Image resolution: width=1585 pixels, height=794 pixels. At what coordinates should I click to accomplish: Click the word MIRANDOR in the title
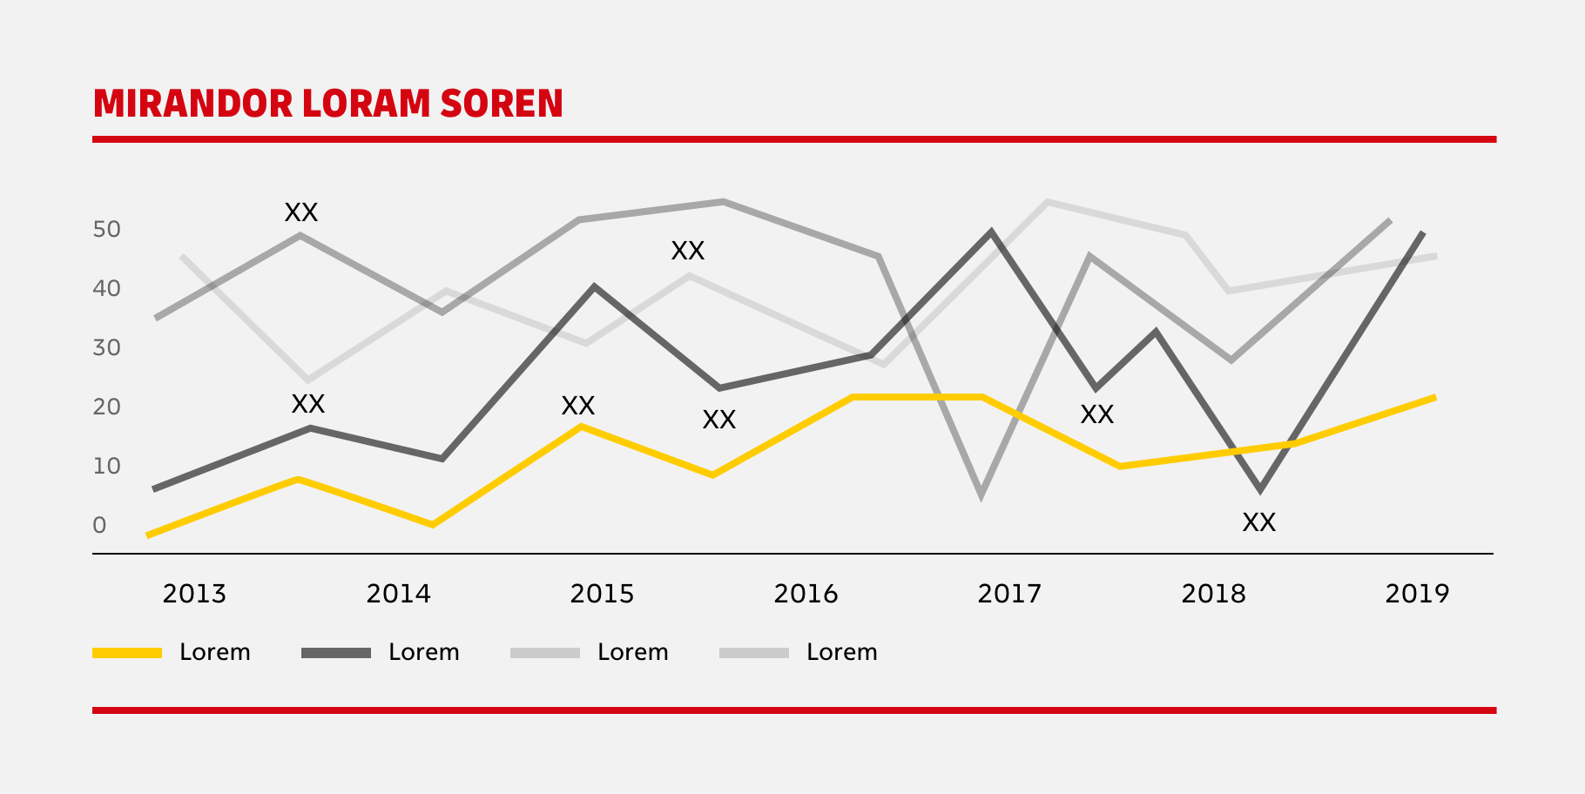click(x=192, y=104)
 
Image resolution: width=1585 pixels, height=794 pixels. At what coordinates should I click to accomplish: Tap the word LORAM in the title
click(x=366, y=104)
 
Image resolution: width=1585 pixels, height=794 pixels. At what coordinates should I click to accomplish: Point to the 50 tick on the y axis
click(x=106, y=230)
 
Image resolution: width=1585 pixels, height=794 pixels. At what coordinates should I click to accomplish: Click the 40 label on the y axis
click(x=106, y=289)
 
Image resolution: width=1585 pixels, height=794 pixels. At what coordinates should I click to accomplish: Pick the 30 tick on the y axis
click(x=106, y=348)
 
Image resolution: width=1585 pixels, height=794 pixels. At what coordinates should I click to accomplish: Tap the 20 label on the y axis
click(x=106, y=407)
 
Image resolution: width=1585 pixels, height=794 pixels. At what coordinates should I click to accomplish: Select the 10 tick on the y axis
click(x=106, y=467)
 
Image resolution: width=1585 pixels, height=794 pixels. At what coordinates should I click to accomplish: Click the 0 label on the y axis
click(x=99, y=526)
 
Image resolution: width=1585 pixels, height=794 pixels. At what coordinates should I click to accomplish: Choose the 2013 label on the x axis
click(x=194, y=594)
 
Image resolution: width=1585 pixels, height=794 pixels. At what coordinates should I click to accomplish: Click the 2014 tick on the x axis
click(x=398, y=594)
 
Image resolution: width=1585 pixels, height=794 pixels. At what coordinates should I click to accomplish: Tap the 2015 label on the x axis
click(x=602, y=594)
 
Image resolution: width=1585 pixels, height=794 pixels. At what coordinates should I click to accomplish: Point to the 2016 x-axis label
click(x=806, y=594)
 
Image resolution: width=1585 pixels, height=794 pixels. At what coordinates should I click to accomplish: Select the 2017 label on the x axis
click(x=1009, y=594)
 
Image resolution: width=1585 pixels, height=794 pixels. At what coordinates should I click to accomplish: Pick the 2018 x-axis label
click(x=1213, y=594)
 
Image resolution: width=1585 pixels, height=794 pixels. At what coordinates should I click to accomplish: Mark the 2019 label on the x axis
click(x=1417, y=594)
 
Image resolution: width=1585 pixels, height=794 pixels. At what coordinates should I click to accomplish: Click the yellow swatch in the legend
click(x=127, y=653)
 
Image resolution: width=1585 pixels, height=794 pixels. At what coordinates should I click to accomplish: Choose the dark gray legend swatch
click(x=336, y=653)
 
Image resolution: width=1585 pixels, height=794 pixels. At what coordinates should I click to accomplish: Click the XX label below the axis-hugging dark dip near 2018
click(x=1258, y=522)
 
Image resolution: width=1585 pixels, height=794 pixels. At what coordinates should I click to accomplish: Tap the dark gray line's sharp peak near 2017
click(x=991, y=232)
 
